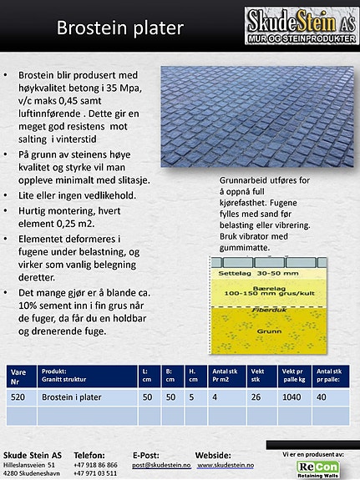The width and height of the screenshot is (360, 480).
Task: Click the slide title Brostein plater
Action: (x=119, y=28)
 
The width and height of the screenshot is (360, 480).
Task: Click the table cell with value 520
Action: (x=19, y=397)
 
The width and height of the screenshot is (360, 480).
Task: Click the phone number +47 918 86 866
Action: (x=94, y=463)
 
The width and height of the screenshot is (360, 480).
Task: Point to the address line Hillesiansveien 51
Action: (x=30, y=463)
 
